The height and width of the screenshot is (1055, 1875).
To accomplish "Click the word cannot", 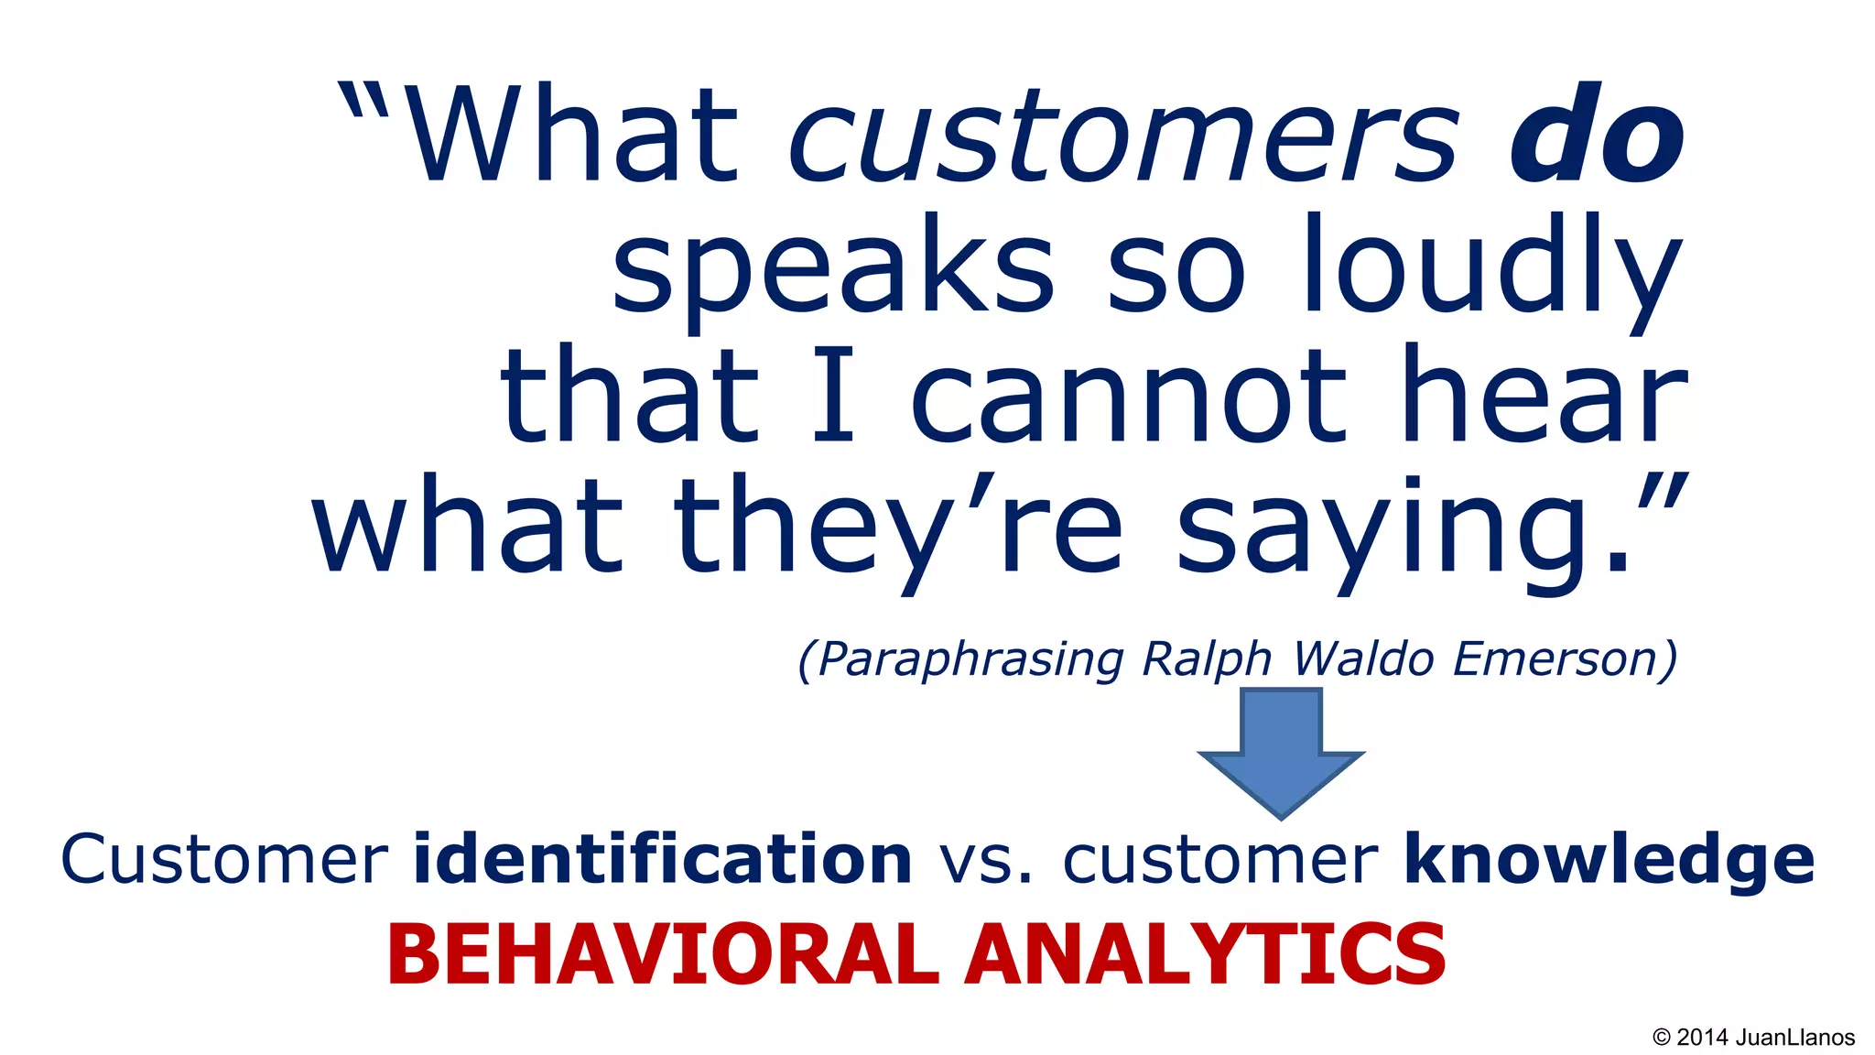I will point(1128,397).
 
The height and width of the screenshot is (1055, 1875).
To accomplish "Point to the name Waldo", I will point(1363,659).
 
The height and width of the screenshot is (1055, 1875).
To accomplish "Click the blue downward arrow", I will point(1281,751).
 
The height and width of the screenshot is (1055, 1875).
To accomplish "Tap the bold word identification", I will point(662,859).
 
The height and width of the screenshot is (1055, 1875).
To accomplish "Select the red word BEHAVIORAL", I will point(663,954).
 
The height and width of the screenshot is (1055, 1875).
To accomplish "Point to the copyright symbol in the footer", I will point(1662,1038).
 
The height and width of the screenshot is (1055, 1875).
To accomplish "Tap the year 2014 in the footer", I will point(1702,1038).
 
